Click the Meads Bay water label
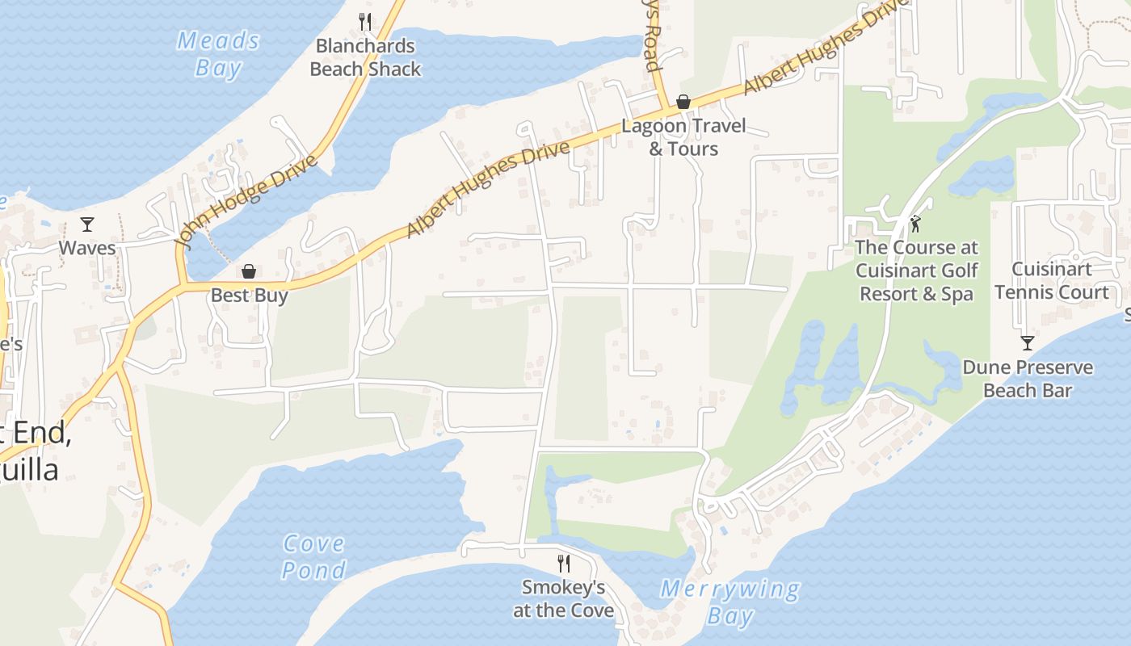pyautogui.click(x=218, y=54)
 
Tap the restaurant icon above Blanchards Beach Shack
pyautogui.click(x=365, y=21)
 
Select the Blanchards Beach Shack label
pyautogui.click(x=365, y=57)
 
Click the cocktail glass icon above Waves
pyautogui.click(x=87, y=224)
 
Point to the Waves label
pyautogui.click(x=87, y=248)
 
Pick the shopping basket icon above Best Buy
pyautogui.click(x=249, y=271)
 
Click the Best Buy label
pyautogui.click(x=249, y=296)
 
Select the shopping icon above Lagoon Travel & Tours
pyautogui.click(x=683, y=102)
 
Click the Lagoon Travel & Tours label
pyautogui.click(x=683, y=137)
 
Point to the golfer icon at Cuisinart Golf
pyautogui.click(x=915, y=224)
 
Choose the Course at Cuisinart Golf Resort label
pyautogui.click(x=916, y=271)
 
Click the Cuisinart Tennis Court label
pyautogui.click(x=1052, y=280)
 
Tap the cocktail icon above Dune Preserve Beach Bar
pyautogui.click(x=1027, y=343)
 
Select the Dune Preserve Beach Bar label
pyautogui.click(x=1028, y=379)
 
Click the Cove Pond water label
pyautogui.click(x=313, y=557)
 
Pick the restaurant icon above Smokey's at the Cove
pyautogui.click(x=564, y=563)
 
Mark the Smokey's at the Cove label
pyautogui.click(x=564, y=598)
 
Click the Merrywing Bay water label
pyautogui.click(x=730, y=602)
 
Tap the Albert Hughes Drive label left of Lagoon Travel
pyautogui.click(x=488, y=189)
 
